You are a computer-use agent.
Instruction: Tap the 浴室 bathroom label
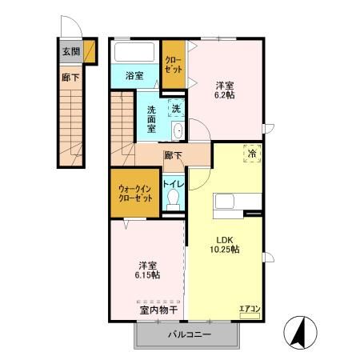(x=135, y=76)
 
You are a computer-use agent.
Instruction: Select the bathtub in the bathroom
(x=135, y=54)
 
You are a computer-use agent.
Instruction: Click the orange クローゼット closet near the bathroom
(x=173, y=64)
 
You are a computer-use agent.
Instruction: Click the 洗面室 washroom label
(x=150, y=118)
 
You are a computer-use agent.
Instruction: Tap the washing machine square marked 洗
(x=176, y=109)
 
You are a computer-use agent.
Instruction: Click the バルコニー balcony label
(x=190, y=335)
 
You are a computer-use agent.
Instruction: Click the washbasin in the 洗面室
(x=178, y=131)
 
